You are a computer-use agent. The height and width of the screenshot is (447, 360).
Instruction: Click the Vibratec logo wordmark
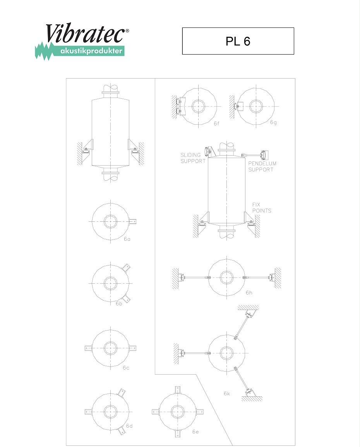(85, 33)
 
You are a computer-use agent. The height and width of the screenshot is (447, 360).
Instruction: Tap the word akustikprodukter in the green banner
(91, 51)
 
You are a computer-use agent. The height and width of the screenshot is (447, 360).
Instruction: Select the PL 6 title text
(238, 41)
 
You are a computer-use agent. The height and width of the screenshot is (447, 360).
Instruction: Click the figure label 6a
(127, 239)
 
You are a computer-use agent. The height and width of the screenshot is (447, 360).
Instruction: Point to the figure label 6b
(119, 303)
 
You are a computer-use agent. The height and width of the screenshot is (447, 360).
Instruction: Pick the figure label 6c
(126, 368)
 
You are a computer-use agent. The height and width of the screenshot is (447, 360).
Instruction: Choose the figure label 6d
(129, 426)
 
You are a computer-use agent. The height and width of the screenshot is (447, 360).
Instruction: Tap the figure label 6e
(195, 432)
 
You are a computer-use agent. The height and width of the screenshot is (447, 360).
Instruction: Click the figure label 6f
(217, 123)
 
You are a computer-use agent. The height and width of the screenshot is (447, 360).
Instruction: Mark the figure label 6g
(273, 122)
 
